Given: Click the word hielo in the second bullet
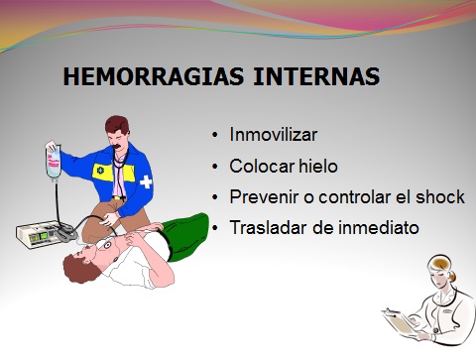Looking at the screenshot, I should (314, 166).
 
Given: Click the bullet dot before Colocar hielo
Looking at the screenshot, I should (216, 167).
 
